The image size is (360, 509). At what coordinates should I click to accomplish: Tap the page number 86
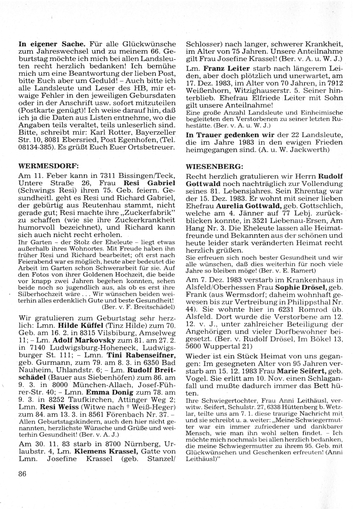pyautogui.click(x=22, y=474)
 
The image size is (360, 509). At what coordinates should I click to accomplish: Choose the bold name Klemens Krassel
pyautogui.click(x=101, y=451)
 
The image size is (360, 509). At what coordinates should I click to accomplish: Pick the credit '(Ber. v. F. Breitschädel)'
pyautogui.click(x=139, y=307)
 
